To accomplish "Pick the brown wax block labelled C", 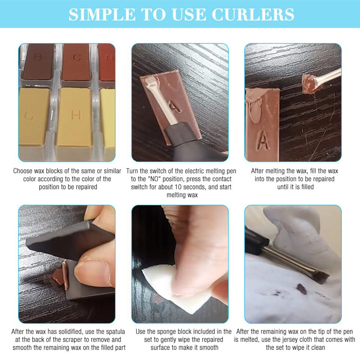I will point(76,61).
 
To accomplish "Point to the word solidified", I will point(72,332).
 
